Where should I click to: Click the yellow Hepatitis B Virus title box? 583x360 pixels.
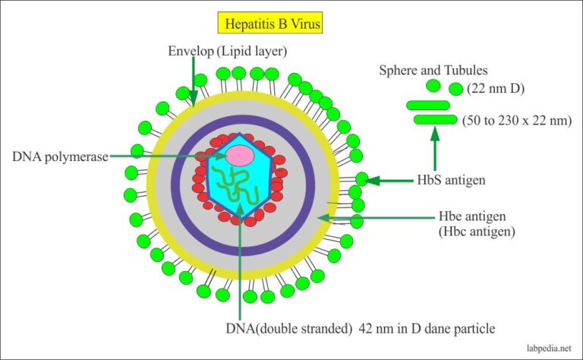270,24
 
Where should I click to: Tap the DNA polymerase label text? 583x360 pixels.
59,156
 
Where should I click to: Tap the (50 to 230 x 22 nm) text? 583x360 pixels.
513,120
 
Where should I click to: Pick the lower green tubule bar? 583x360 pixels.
435,119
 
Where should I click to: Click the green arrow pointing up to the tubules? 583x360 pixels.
435,148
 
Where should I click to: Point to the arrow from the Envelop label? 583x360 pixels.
194,84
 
